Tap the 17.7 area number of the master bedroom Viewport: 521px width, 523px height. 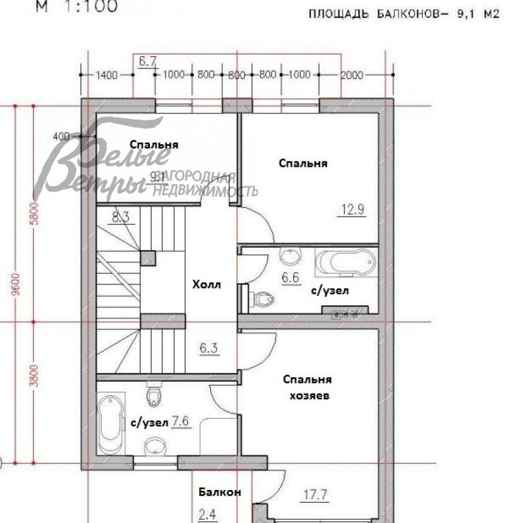[x=316, y=495]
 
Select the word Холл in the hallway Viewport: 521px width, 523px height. [x=207, y=284]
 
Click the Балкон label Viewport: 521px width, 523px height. [x=219, y=492]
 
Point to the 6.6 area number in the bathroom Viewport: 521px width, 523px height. [x=290, y=278]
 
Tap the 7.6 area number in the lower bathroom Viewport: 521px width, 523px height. [x=181, y=422]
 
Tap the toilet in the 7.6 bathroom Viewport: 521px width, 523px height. [x=154, y=396]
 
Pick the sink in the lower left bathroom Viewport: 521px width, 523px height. [x=153, y=445]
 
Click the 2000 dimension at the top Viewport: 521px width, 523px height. [x=351, y=75]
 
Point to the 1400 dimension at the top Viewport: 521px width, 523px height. [x=107, y=75]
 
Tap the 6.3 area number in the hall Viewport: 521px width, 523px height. [x=208, y=349]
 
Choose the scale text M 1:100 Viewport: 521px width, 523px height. [x=77, y=7]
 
